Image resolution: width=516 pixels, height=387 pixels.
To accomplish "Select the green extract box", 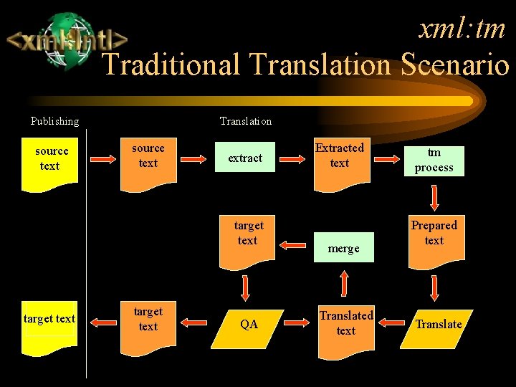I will point(245,158).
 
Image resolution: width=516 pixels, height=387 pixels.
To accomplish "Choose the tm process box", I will point(434,161).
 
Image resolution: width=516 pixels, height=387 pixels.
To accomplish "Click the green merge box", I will point(344,248).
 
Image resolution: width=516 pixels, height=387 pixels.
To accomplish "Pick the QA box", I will point(249,324).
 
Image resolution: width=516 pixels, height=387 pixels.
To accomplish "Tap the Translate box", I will point(439,324).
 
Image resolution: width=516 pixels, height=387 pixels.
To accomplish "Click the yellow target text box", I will point(49,327).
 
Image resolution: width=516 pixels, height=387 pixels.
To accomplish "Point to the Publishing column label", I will point(54,121).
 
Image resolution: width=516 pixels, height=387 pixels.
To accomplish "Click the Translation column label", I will point(246,121).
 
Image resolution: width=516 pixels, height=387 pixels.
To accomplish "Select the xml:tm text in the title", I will point(462,29).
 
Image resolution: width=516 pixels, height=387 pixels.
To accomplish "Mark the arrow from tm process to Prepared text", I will point(434,197).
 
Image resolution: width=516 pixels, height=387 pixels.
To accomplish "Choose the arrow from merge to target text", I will point(293,245).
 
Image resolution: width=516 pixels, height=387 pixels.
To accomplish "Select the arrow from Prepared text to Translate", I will point(434,288).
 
